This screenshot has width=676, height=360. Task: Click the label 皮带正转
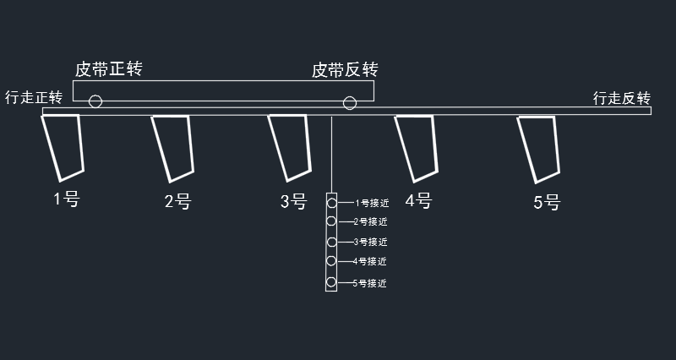coord(108,69)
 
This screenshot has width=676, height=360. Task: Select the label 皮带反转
coord(344,69)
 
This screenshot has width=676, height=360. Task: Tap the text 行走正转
coord(34,97)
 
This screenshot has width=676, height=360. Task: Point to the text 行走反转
coord(621,99)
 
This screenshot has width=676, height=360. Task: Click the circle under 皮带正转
coord(95,102)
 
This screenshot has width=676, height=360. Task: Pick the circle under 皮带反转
coord(349,103)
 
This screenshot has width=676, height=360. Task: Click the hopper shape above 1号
coord(64,146)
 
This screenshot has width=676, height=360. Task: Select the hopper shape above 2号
coord(173,146)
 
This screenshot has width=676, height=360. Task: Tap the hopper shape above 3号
coord(290,146)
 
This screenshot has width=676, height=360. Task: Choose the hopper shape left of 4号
coord(417,147)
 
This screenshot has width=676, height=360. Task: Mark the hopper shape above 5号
coord(539,147)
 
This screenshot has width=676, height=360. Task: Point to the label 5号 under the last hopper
coord(547,203)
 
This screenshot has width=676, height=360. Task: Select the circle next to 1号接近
coord(332,203)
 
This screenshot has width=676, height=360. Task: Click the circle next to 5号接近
coord(332,282)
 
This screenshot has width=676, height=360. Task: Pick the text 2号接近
coord(369,222)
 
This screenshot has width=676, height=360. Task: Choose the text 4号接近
coord(369,262)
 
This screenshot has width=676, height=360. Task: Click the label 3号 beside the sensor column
coord(293,201)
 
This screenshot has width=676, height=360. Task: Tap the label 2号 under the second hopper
coord(177,202)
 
